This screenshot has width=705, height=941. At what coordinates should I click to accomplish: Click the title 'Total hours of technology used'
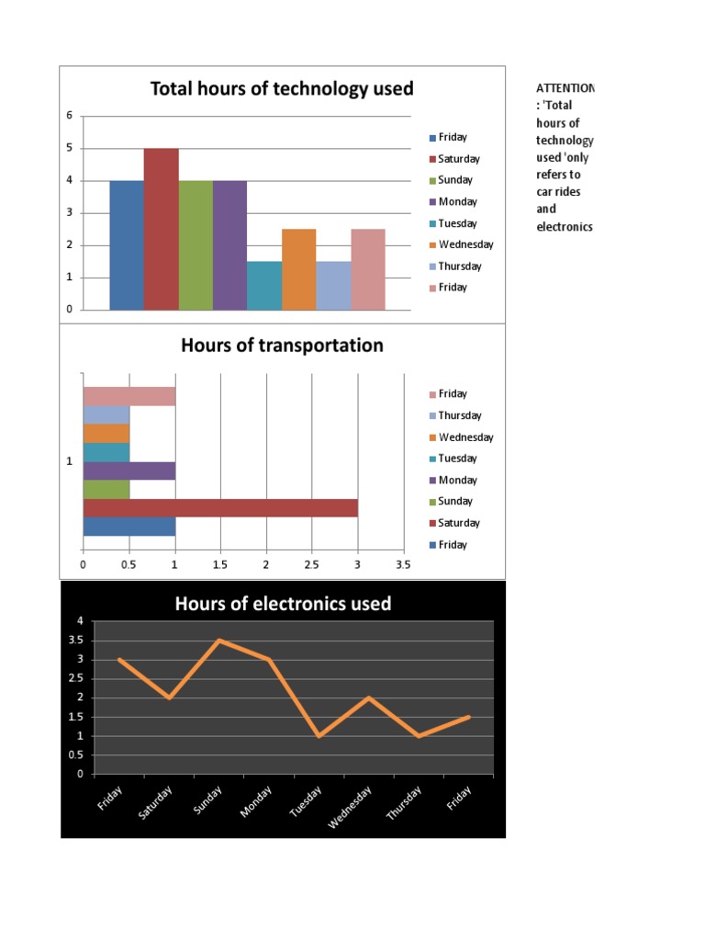(x=282, y=89)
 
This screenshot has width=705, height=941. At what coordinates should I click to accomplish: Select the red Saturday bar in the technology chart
(x=162, y=229)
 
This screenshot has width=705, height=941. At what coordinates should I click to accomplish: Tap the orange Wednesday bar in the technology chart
(x=298, y=269)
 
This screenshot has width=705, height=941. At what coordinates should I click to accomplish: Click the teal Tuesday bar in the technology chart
(x=264, y=286)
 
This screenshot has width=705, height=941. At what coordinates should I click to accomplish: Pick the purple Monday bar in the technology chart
(x=229, y=245)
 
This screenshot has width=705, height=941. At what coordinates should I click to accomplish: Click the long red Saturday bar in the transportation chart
(x=220, y=507)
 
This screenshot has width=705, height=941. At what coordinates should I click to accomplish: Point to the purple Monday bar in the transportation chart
(x=129, y=470)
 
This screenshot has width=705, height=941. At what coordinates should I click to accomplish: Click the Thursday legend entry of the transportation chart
(x=459, y=415)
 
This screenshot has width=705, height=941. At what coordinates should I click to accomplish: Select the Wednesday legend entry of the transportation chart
(x=464, y=437)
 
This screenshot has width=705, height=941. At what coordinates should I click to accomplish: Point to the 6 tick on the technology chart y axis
(x=68, y=116)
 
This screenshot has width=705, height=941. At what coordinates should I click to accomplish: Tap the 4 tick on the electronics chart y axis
(x=80, y=621)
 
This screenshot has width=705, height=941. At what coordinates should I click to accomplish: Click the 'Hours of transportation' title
(x=282, y=346)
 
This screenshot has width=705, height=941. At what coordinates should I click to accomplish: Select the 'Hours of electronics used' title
(x=283, y=604)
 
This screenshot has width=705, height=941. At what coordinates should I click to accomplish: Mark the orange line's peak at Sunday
(x=218, y=640)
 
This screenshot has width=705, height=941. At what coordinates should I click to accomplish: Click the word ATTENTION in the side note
(x=565, y=88)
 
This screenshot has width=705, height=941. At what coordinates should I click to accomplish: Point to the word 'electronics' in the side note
(x=565, y=226)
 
